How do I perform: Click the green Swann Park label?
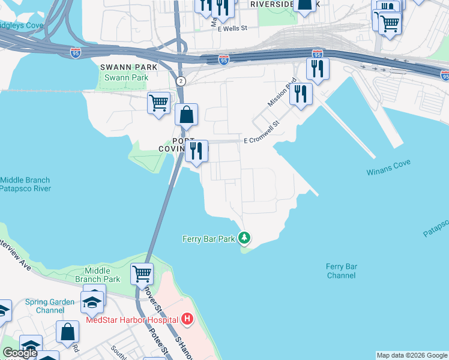pos(126,78)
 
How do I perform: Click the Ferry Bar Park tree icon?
pos(244,239)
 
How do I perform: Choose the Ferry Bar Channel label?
pos(342,271)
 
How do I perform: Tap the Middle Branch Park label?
pos(98,275)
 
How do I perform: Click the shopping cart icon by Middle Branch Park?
pos(142,274)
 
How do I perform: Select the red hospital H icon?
pos(187,319)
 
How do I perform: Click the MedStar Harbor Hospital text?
pos(132,319)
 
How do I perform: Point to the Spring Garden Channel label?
pos(50,306)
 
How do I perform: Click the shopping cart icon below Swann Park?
pos(158,103)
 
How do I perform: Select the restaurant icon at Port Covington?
pos(196,151)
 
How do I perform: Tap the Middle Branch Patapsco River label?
pos(25,184)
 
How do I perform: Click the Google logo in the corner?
pos(20,353)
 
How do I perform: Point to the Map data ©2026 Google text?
pos(411,355)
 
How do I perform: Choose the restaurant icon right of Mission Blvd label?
pos(301,94)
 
